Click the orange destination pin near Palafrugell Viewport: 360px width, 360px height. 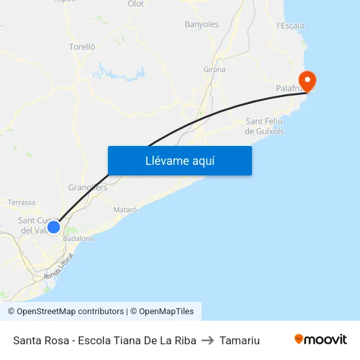tap(306, 81)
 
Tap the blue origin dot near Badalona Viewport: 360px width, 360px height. tap(54, 227)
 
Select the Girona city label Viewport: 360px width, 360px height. tap(215, 69)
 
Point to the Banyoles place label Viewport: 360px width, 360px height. tap(202, 24)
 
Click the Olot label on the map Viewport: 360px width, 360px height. tap(135, 4)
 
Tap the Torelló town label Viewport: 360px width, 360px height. tap(82, 46)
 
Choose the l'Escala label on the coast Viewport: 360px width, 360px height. tap(290, 26)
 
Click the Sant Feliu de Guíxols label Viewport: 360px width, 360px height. tap(264, 126)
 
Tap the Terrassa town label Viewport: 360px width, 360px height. tap(21, 203)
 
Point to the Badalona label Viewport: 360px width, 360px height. tap(78, 238)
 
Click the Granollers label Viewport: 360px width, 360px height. tap(82, 187)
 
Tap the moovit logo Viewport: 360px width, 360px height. tap(321, 340)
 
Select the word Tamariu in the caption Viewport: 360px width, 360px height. tap(240, 340)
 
